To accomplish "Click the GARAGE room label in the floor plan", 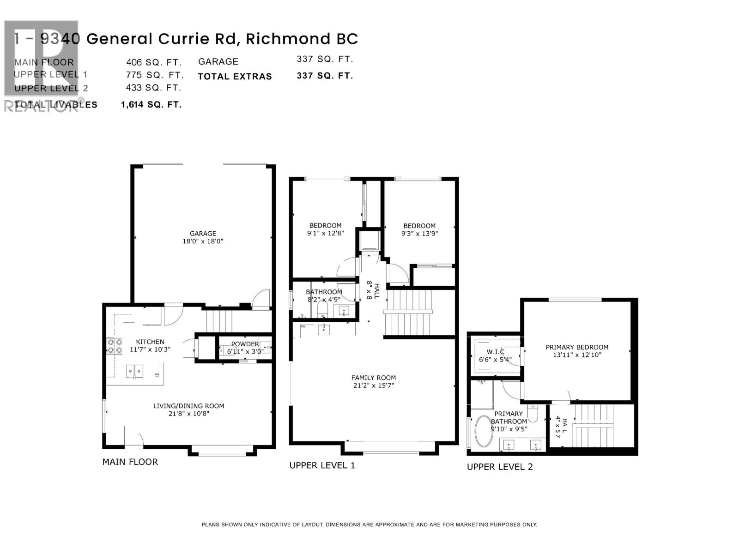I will point(203,234).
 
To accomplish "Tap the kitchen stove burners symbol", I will point(115,346).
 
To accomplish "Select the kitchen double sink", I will point(135,371).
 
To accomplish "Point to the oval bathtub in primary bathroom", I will point(484,431).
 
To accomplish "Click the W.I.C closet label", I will point(495,352).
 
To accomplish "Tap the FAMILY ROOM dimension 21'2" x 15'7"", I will point(373,385).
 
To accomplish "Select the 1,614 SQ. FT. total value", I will point(151,105).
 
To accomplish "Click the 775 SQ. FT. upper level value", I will point(155,75).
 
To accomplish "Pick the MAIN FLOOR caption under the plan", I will point(130,462).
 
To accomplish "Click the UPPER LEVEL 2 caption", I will point(500,467).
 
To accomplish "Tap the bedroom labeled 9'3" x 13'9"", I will point(419,229).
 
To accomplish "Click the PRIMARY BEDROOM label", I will point(577,347).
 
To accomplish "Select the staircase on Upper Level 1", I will point(409,313).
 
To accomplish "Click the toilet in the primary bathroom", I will point(533,413).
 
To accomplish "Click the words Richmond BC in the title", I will point(302,39).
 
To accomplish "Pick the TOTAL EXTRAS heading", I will point(235,77).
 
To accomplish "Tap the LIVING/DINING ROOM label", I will point(188,406).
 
